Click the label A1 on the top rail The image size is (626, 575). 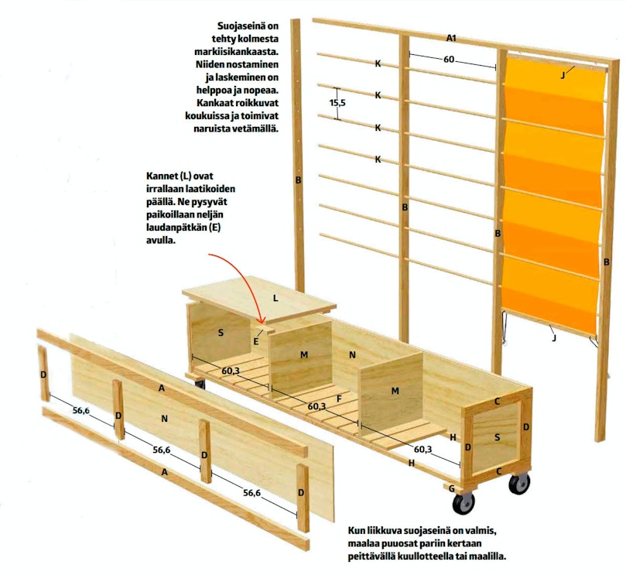click(x=451, y=39)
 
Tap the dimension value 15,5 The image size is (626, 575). click(x=337, y=103)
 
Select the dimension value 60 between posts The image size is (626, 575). click(x=449, y=60)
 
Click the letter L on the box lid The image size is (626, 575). click(x=275, y=298)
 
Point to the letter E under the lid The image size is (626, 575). click(x=256, y=341)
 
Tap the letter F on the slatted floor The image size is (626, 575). click(x=340, y=399)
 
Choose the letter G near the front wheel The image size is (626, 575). click(x=452, y=488)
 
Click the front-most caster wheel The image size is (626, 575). click(x=463, y=505)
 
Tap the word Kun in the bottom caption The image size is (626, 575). click(x=355, y=531)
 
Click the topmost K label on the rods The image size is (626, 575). click(x=378, y=63)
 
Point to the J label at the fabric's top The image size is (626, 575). click(x=563, y=75)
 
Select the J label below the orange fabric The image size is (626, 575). click(x=554, y=338)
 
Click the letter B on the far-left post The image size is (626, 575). click(x=298, y=180)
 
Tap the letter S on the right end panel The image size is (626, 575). click(x=497, y=437)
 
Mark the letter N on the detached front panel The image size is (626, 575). click(x=164, y=419)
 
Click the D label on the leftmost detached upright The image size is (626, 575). click(x=43, y=375)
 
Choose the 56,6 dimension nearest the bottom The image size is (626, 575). click(x=252, y=493)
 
